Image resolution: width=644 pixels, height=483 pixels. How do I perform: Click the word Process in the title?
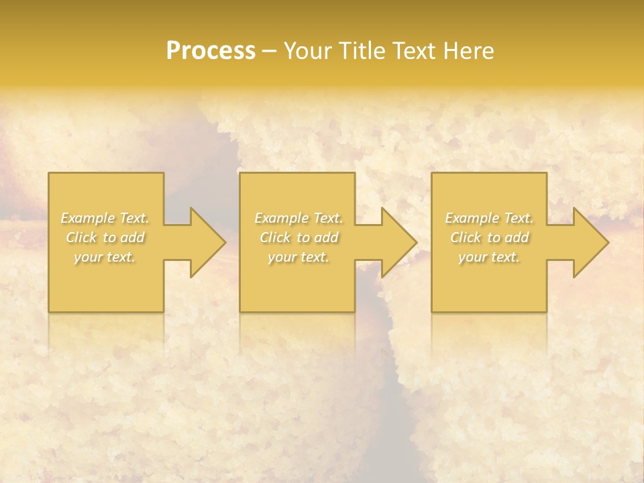click(x=211, y=51)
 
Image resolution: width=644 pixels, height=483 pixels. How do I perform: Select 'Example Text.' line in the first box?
click(x=105, y=218)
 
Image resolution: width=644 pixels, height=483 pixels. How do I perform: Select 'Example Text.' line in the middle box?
click(x=298, y=218)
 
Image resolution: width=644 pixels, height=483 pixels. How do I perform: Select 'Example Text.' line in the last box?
click(x=488, y=218)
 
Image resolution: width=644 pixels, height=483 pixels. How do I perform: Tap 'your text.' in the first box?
click(x=105, y=257)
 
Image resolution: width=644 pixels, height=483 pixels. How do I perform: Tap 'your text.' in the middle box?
click(x=298, y=257)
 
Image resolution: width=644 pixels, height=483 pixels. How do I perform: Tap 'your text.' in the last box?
click(x=488, y=257)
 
